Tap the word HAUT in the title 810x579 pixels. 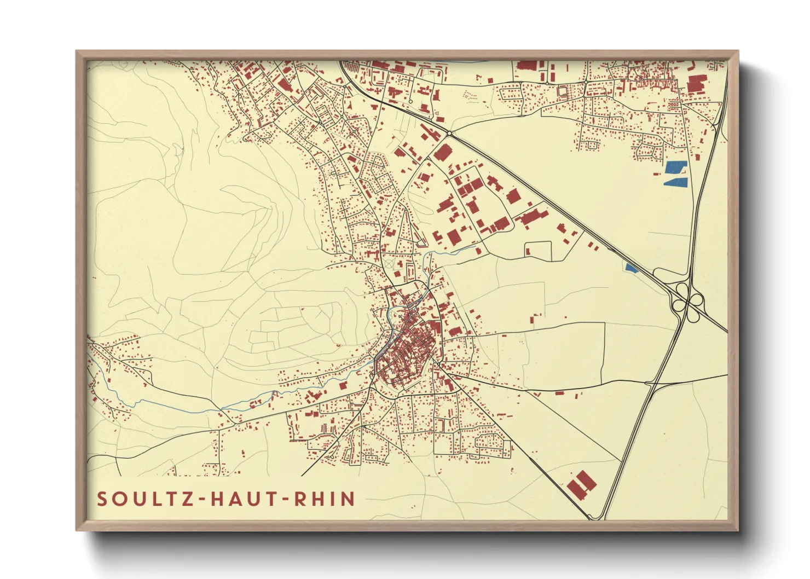coord(244,499)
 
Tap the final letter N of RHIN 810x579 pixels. coord(348,499)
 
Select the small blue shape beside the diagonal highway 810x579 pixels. coord(631,267)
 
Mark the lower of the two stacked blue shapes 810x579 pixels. coord(675,182)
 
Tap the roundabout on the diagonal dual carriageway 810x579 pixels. coord(449,133)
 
